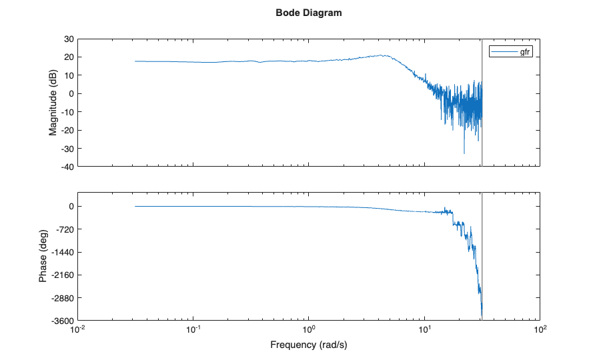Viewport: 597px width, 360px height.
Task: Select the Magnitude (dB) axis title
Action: coord(53,102)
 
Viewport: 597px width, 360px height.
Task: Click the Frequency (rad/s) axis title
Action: coord(309,345)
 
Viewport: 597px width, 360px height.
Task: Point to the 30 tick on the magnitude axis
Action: coord(69,39)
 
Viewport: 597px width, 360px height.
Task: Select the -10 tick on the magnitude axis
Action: coord(67,111)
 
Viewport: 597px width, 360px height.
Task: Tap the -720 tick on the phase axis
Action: coord(65,229)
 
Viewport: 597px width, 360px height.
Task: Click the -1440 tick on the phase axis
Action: coord(63,252)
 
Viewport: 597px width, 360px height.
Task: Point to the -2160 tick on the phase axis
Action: coord(63,275)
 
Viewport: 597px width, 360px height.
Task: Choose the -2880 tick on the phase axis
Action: coord(63,298)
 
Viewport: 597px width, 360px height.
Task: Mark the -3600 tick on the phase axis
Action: coord(63,321)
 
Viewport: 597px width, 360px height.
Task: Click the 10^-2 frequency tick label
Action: coord(79,330)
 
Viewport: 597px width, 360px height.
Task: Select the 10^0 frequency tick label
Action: coord(309,330)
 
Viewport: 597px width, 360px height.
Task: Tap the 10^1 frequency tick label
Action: coord(425,330)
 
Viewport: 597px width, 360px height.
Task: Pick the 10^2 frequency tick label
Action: coord(540,330)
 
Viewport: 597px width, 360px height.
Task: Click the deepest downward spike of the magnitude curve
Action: coord(464,153)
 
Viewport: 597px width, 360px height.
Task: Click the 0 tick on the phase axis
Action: coord(71,207)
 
